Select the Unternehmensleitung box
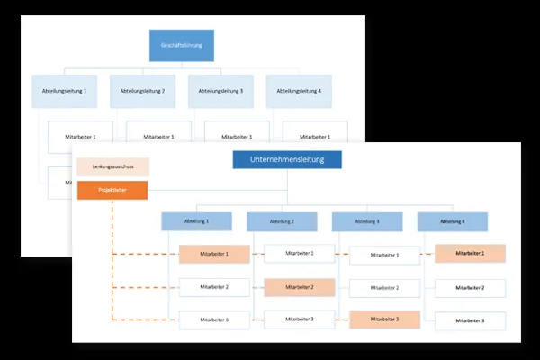click(x=287, y=159)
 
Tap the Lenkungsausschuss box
click(x=112, y=167)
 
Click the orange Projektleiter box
click(x=112, y=190)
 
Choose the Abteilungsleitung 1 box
click(x=64, y=91)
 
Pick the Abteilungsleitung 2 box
click(x=142, y=91)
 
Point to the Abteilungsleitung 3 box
click(x=220, y=91)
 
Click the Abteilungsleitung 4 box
click(x=299, y=91)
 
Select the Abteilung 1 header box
click(x=196, y=221)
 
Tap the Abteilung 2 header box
click(x=282, y=221)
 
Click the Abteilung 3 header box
click(x=366, y=221)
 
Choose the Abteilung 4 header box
click(x=452, y=221)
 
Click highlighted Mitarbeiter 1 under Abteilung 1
click(x=214, y=255)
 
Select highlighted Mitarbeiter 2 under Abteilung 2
click(x=300, y=287)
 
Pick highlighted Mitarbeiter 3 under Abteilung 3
click(x=384, y=319)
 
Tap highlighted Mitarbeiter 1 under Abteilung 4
click(x=470, y=254)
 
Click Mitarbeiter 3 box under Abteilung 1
click(x=214, y=319)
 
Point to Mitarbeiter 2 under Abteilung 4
click(x=470, y=288)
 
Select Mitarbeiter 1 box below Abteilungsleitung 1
click(x=82, y=136)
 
